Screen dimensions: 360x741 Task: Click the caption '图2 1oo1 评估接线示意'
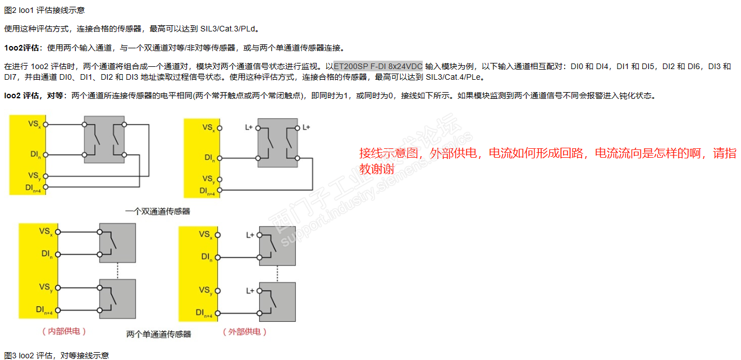45,10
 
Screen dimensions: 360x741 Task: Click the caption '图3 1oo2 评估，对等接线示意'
56,355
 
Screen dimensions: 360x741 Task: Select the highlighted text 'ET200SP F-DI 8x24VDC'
378,66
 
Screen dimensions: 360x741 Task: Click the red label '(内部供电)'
64,331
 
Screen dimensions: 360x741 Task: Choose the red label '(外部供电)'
245,331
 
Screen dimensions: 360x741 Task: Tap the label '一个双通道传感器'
158,211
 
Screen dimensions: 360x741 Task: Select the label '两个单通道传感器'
159,334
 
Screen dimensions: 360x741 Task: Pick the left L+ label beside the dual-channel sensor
250,127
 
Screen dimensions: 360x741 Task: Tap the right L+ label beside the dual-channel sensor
306,127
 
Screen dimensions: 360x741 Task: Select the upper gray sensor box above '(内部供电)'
117,242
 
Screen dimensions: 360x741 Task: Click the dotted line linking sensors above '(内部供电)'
117,270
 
